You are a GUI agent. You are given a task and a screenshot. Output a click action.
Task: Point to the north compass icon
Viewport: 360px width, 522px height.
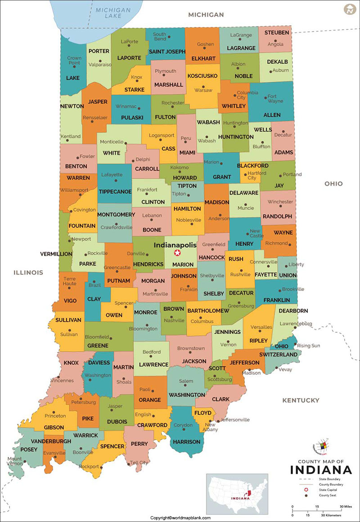tap(349, 9)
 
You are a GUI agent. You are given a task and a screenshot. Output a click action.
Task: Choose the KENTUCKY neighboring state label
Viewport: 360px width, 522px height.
tap(301, 400)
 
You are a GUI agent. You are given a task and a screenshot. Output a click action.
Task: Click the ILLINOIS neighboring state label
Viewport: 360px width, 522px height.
tap(28, 272)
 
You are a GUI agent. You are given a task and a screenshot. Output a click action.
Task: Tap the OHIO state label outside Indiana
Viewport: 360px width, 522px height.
tap(333, 183)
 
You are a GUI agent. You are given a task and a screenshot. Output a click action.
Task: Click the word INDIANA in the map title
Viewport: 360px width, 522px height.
tap(321, 470)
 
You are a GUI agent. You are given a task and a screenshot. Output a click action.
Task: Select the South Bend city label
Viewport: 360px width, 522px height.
tap(159, 36)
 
